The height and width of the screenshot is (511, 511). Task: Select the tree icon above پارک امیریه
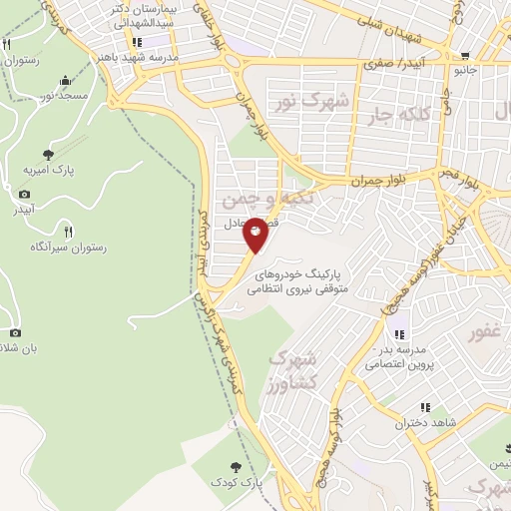(48, 154)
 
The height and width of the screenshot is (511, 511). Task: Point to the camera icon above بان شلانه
(14, 331)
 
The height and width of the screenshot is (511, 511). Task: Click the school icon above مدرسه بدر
(399, 334)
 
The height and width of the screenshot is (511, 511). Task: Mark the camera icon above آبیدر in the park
(24, 194)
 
